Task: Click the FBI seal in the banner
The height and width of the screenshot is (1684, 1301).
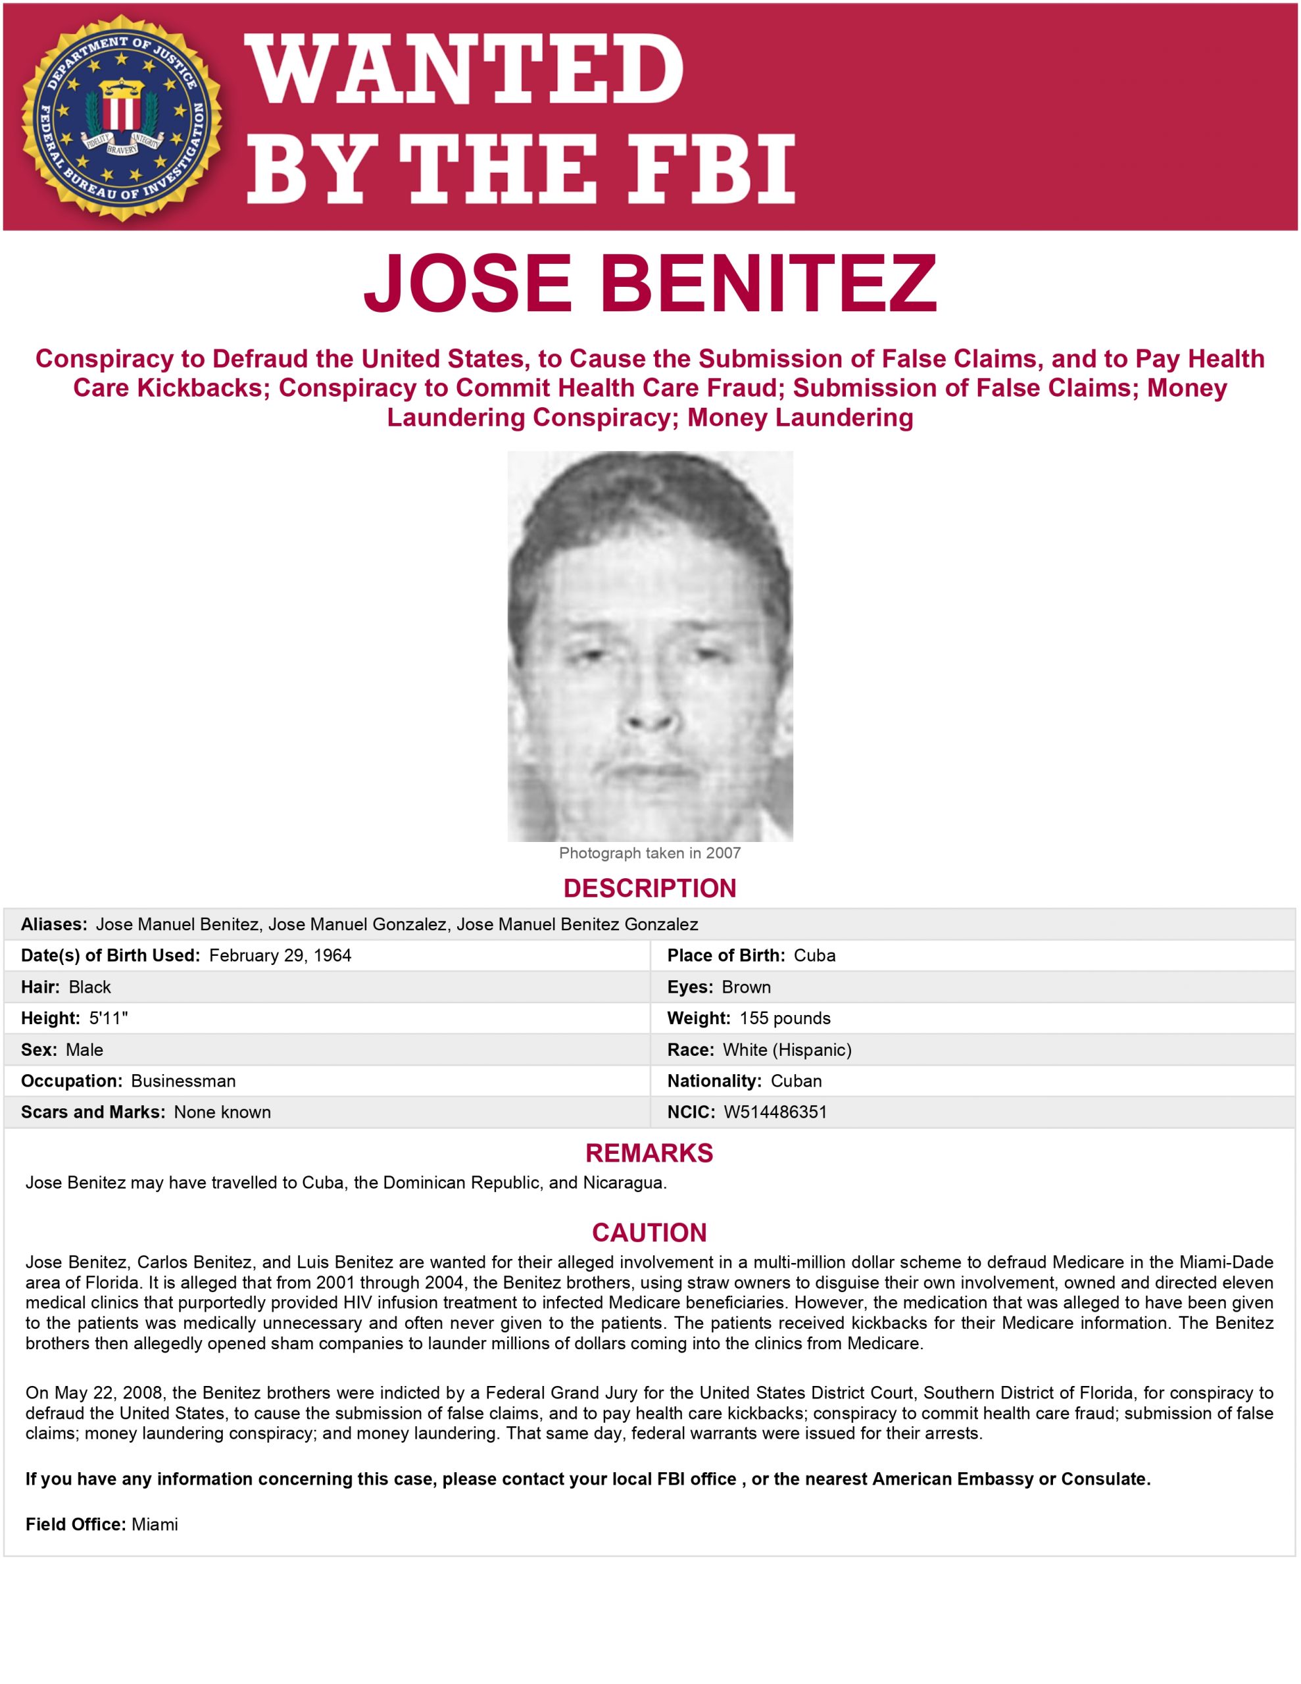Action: click(121, 117)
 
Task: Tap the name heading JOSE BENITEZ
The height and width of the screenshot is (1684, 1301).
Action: click(649, 283)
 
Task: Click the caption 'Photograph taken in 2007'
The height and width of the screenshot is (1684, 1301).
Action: click(649, 853)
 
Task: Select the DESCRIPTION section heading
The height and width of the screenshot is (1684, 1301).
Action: click(649, 888)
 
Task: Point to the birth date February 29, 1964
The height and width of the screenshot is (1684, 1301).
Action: click(280, 955)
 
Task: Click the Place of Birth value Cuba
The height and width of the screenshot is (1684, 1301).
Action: click(814, 955)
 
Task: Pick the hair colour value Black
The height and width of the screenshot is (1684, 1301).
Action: click(89, 987)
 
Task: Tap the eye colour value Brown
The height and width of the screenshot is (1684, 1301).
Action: click(746, 987)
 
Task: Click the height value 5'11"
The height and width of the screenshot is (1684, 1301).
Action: click(108, 1018)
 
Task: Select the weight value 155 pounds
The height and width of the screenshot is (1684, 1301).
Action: click(784, 1018)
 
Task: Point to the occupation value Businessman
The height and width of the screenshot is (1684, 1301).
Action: click(183, 1081)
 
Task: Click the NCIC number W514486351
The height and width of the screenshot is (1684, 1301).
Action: click(775, 1112)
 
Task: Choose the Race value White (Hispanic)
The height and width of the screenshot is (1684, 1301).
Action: click(787, 1049)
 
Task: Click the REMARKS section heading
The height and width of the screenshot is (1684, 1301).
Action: click(649, 1152)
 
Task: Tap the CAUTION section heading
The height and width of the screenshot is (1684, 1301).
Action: click(649, 1232)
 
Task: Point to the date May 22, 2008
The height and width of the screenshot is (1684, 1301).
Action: click(109, 1393)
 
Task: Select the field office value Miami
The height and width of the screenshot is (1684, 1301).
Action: click(154, 1524)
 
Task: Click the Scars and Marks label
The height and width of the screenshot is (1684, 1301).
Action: click(93, 1112)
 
